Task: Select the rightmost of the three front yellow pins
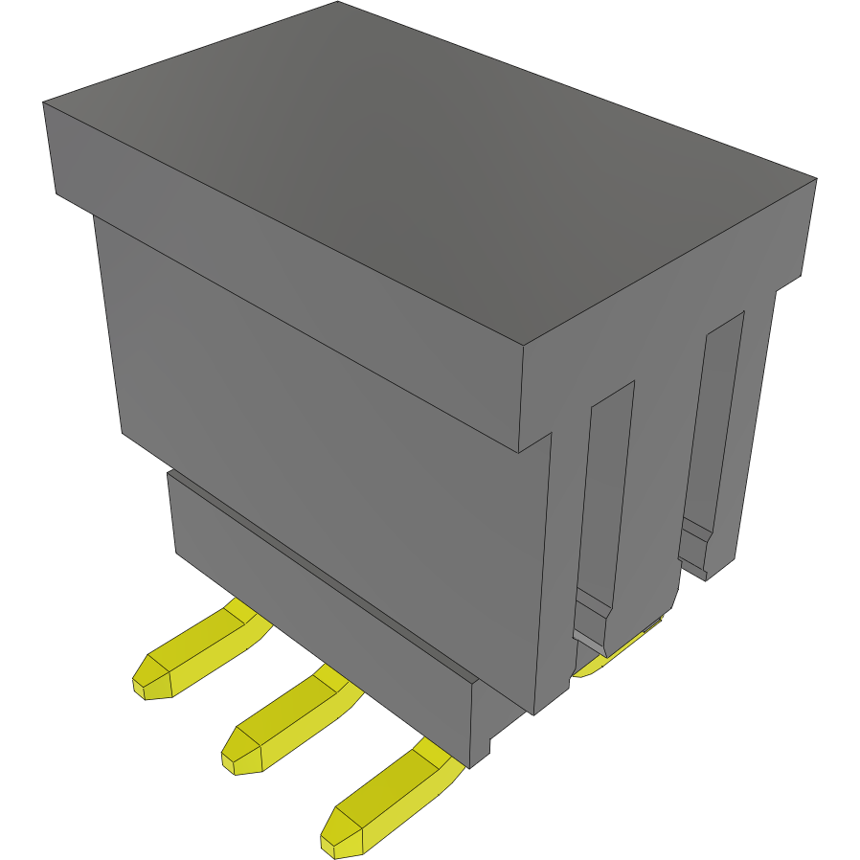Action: tap(388, 800)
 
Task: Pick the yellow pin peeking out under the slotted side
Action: tap(613, 656)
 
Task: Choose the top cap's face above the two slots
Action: tap(670, 306)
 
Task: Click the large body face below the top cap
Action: tap(326, 450)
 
